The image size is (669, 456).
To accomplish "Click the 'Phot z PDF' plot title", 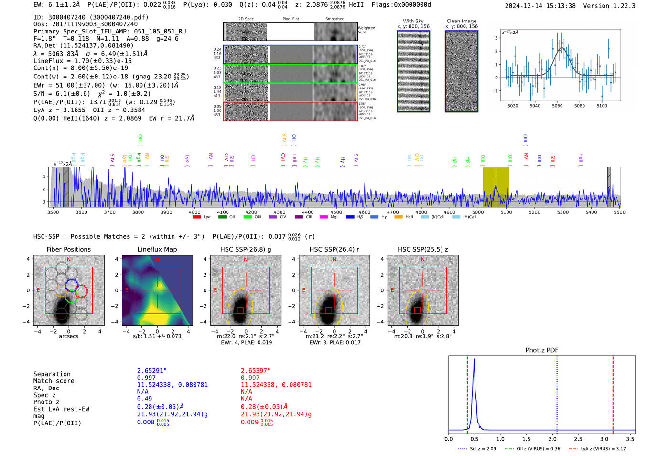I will click(542, 350).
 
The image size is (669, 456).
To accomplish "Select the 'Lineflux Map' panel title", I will click(157, 249).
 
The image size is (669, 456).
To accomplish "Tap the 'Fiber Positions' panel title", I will click(68, 249).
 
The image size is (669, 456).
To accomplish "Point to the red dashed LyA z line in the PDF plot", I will click(613, 392).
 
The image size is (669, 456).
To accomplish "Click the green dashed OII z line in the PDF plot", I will click(467, 392).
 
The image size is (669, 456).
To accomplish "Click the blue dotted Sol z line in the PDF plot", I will click(557, 392).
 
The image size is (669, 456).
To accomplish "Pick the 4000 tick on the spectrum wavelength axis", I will click(194, 212).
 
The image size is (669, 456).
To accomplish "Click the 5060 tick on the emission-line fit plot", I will click(557, 106).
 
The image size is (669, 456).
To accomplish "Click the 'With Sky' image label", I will click(413, 21).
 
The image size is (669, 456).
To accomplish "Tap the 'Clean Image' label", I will click(461, 21).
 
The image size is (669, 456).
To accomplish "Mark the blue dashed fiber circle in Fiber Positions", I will click(72, 285).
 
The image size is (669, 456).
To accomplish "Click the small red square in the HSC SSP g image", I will click(240, 311).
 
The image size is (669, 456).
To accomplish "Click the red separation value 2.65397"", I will click(256, 371).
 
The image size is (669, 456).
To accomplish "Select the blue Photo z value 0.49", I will click(144, 399).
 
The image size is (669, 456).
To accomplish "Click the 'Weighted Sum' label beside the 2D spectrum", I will click(367, 30).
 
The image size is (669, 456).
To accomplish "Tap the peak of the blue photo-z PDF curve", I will click(474, 360).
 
